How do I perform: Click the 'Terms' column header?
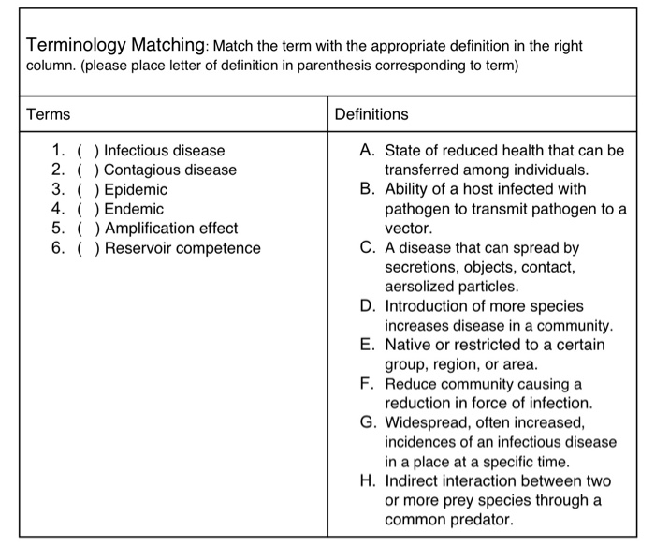(48, 114)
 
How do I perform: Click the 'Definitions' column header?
(371, 114)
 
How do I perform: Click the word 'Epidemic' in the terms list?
(136, 189)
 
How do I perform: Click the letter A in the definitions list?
(367, 150)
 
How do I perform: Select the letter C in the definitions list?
(367, 248)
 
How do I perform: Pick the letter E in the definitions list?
(367, 345)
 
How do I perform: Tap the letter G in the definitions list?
(367, 422)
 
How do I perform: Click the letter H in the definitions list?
(367, 480)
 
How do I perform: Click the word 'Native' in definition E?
(407, 345)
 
